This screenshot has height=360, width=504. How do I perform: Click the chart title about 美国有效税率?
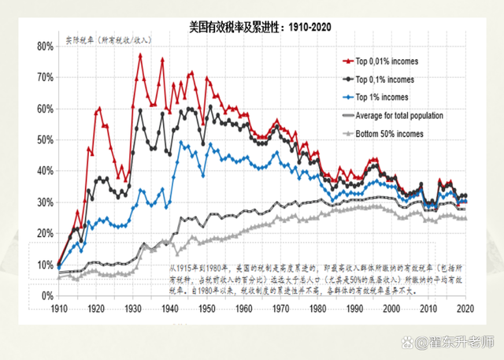(260, 28)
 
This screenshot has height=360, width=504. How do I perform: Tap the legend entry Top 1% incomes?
(387, 98)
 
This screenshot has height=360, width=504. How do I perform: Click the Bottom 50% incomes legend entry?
(394, 134)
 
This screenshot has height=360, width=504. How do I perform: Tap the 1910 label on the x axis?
(58, 309)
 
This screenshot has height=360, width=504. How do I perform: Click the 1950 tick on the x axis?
(206, 309)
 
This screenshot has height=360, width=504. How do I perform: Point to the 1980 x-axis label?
(317, 309)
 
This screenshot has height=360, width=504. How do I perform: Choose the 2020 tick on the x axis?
(465, 309)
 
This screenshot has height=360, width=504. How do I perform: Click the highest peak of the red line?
(140, 55)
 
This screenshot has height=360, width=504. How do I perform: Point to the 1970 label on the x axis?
(280, 309)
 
